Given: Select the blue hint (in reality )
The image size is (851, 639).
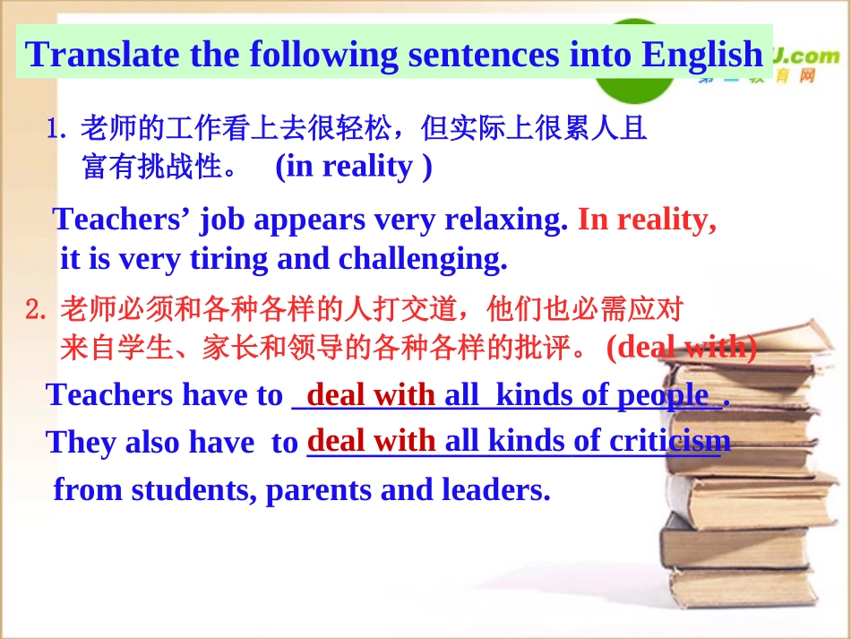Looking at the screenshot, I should (x=353, y=167).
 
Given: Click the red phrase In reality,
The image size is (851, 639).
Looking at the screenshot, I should (x=647, y=220).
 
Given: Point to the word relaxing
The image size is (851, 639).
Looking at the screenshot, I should (x=506, y=220).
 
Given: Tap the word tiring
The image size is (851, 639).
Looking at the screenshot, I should (x=235, y=259).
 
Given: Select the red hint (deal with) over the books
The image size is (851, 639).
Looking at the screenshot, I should (x=681, y=347).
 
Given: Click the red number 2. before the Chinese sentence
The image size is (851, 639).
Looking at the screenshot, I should (x=36, y=311).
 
